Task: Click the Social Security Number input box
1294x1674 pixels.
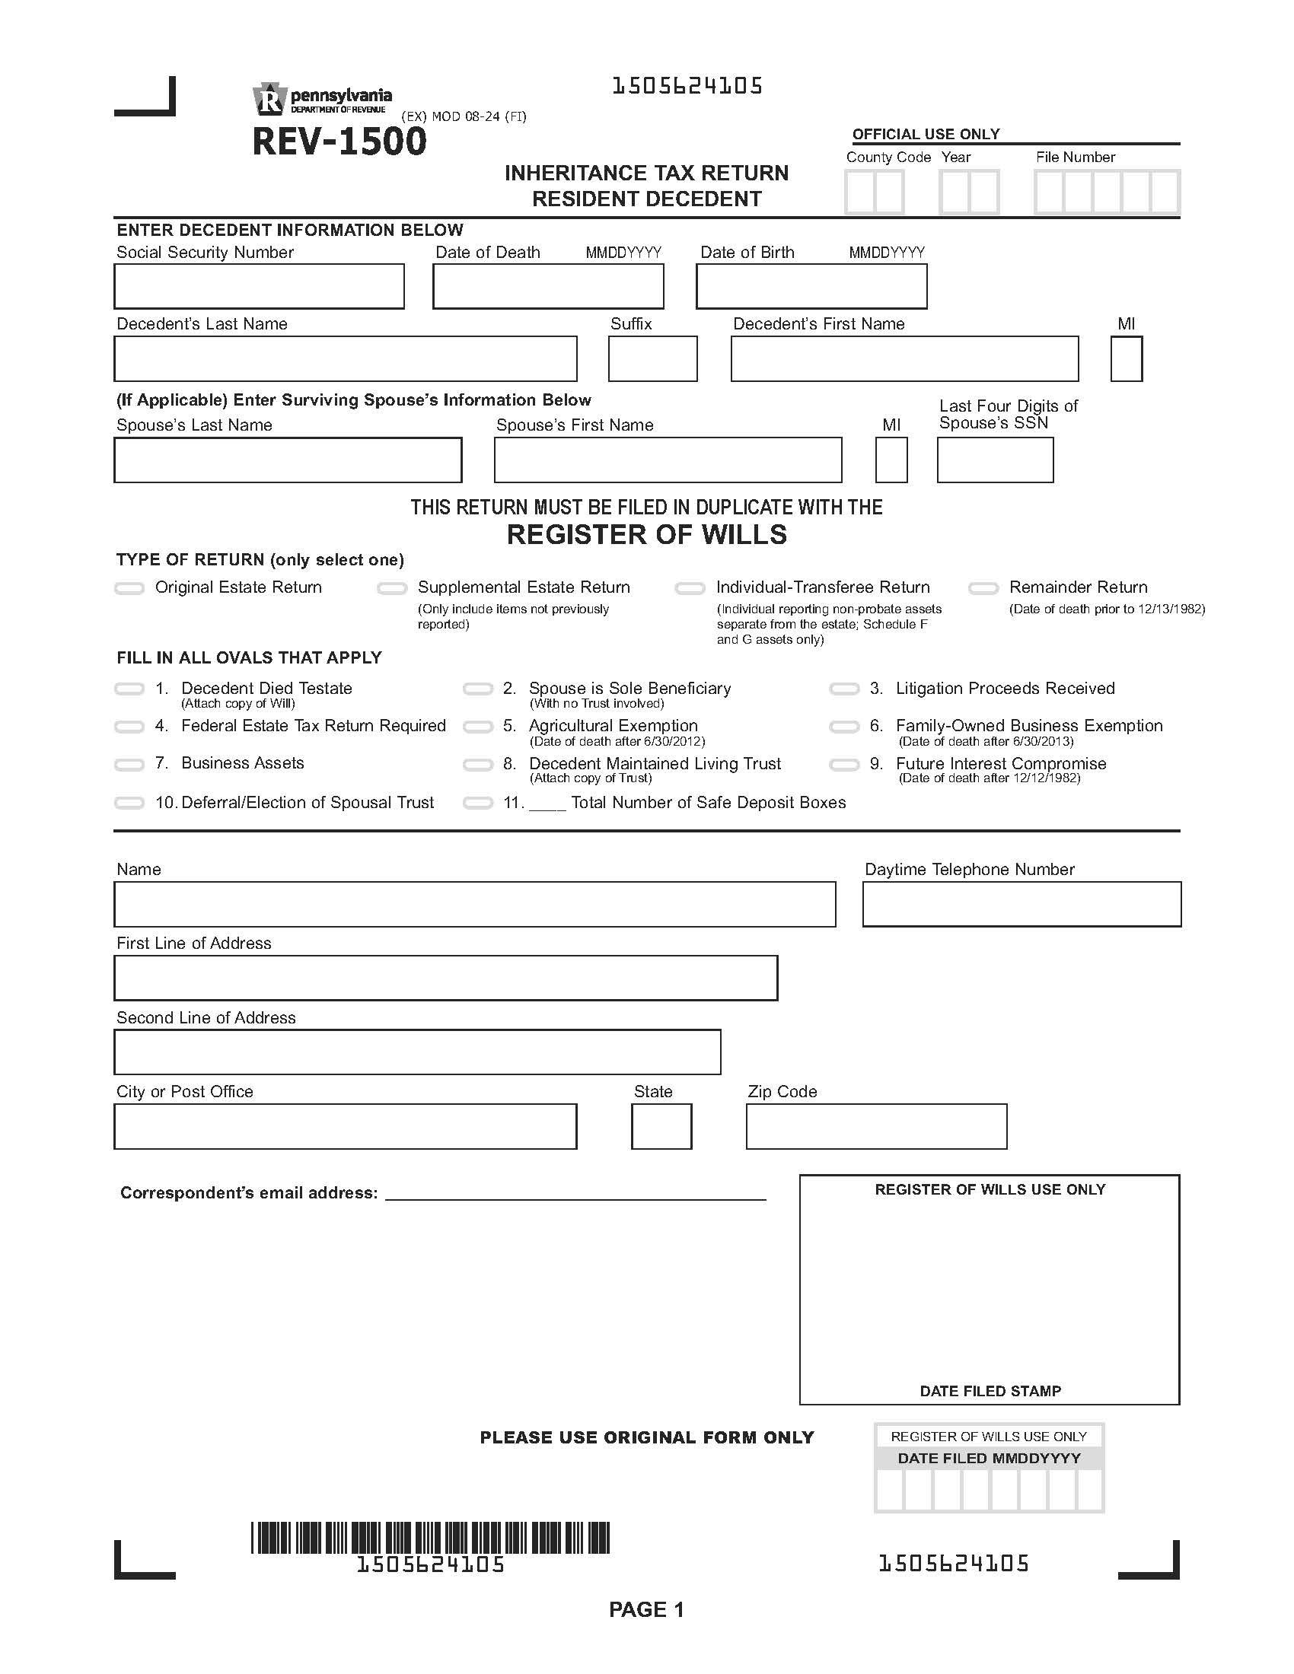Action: click(259, 287)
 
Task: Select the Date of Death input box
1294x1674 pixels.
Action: click(548, 287)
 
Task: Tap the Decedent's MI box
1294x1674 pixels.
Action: click(1126, 358)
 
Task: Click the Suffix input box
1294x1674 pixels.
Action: click(652, 358)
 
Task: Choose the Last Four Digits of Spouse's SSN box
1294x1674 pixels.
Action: click(995, 460)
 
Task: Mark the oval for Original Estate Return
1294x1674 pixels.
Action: click(129, 589)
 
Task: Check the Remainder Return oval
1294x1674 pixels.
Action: click(983, 589)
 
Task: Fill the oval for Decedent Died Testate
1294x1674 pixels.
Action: click(129, 689)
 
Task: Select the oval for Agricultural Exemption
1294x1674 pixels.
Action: click(477, 727)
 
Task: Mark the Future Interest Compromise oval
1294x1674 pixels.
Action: click(844, 765)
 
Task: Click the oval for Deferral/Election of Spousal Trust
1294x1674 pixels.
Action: click(129, 804)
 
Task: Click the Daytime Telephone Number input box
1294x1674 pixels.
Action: click(1021, 905)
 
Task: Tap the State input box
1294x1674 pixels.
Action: click(661, 1127)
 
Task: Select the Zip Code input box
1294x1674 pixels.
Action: click(876, 1127)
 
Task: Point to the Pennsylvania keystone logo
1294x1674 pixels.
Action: click(268, 100)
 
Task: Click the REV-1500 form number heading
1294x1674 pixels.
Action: click(339, 142)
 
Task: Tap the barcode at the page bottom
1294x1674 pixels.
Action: click(430, 1538)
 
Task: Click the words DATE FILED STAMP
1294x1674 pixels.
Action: click(990, 1391)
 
